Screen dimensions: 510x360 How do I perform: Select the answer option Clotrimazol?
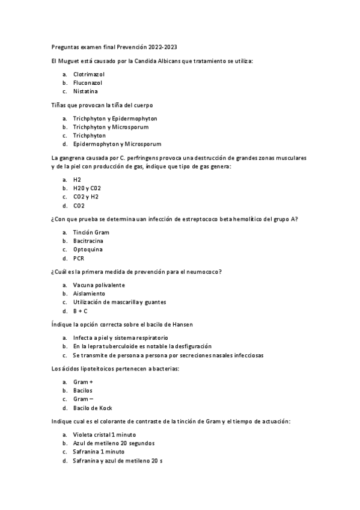[89, 74]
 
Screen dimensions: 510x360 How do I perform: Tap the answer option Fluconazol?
[88, 82]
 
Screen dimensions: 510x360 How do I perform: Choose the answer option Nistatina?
[85, 91]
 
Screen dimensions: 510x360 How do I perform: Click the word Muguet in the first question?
[70, 61]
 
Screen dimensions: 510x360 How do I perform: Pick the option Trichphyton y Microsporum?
[111, 127]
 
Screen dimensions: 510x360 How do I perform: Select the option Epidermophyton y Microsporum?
[117, 144]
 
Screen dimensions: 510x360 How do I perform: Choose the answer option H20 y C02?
[87, 188]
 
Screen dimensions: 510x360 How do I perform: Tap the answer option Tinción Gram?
[91, 232]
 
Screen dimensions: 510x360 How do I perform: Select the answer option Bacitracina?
[90, 241]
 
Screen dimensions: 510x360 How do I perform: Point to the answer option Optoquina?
[88, 250]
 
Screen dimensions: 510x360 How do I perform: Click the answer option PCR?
[79, 259]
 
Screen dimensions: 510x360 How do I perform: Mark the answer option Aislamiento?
[89, 293]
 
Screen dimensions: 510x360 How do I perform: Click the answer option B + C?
[81, 311]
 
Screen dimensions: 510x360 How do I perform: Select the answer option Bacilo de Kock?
[93, 408]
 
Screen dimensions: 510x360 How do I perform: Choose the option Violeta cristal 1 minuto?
[105, 434]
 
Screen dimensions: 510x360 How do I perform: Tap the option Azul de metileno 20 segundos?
[113, 443]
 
